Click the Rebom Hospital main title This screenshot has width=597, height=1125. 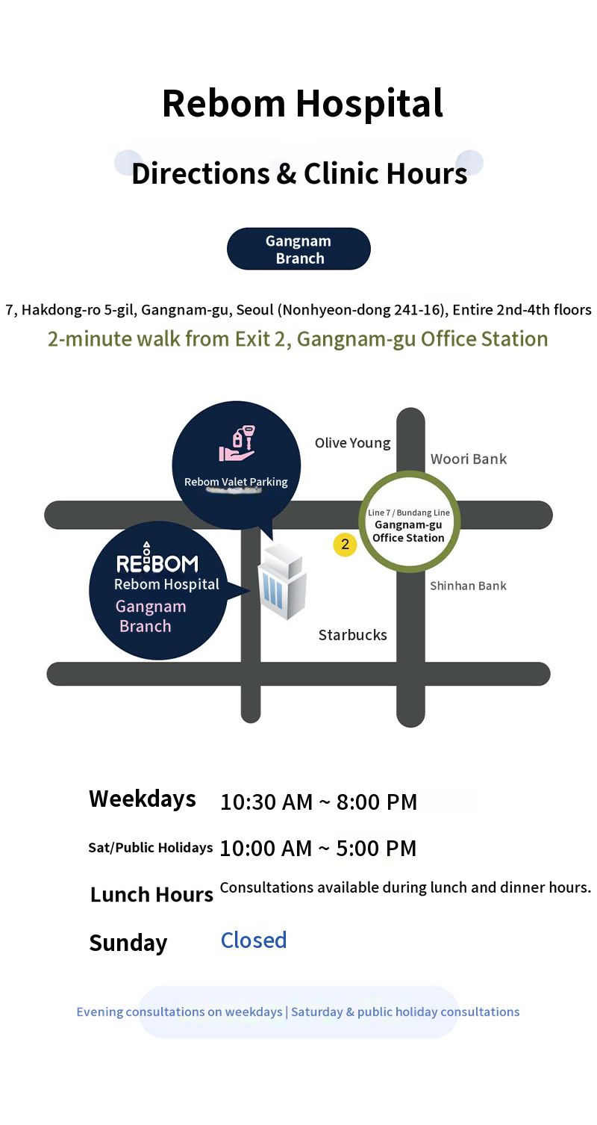tap(302, 103)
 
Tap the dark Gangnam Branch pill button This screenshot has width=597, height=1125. tap(298, 249)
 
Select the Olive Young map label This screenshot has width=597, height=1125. tap(352, 443)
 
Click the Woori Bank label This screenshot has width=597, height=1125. tap(468, 459)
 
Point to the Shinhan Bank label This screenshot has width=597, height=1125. tap(468, 586)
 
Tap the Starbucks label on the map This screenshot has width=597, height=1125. tap(352, 635)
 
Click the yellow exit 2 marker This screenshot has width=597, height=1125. tap(346, 545)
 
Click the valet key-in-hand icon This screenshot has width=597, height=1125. tap(237, 444)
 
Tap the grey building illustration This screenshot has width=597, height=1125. tap(282, 582)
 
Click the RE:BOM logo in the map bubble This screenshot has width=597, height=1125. tap(157, 559)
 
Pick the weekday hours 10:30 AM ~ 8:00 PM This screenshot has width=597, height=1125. tap(319, 802)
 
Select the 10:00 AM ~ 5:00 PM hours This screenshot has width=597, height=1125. tap(318, 849)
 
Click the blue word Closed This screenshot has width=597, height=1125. tap(254, 940)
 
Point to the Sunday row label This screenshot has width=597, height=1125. tap(128, 943)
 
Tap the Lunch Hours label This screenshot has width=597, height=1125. tap(151, 895)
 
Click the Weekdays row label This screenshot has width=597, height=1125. tap(143, 799)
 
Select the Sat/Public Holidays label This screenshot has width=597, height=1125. tap(151, 848)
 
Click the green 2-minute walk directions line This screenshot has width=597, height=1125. tap(298, 339)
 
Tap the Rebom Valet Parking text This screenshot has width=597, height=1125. tap(236, 482)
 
